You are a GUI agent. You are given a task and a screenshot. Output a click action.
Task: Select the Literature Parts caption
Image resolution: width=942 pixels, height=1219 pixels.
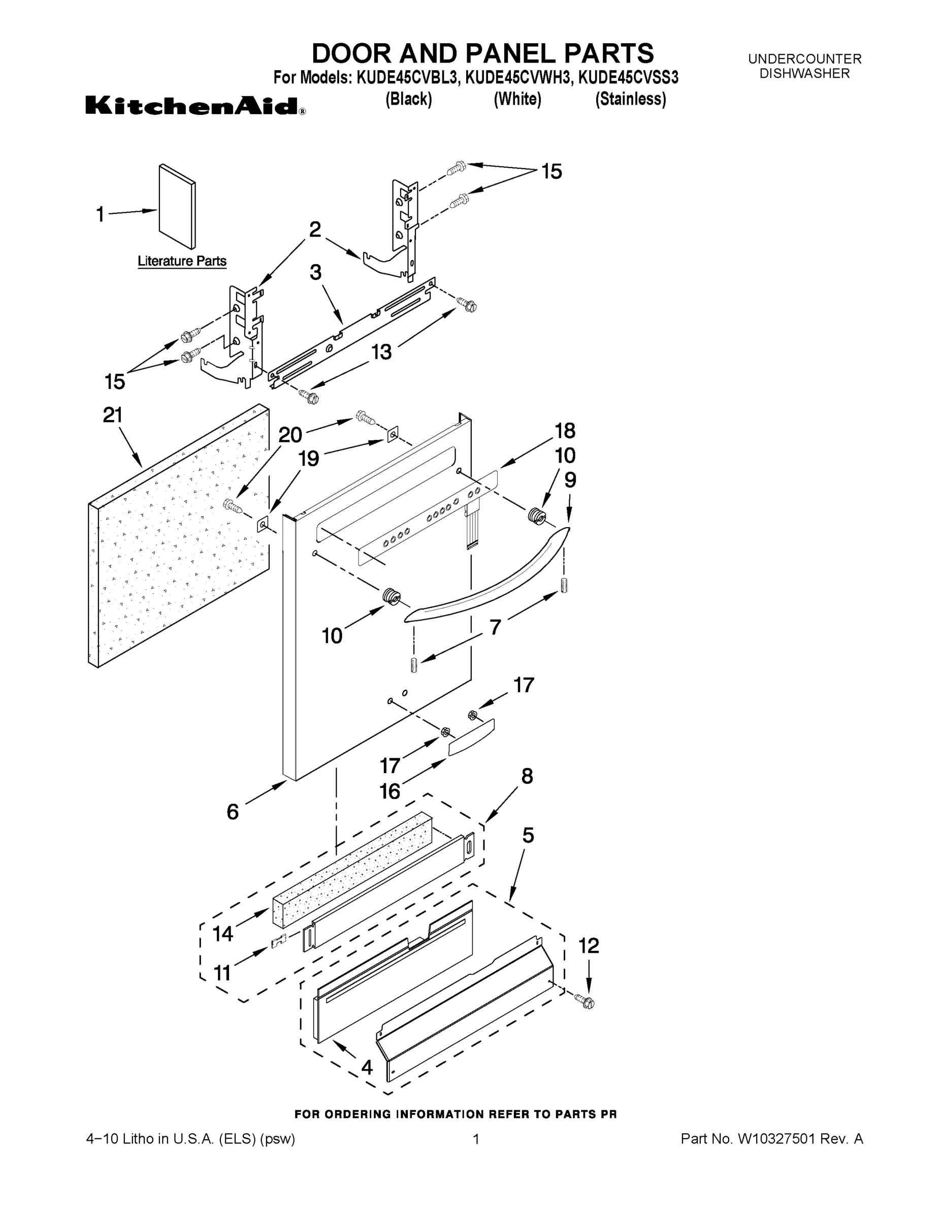coord(182,261)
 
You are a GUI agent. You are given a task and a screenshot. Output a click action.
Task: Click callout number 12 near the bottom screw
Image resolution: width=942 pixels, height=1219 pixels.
coord(589,946)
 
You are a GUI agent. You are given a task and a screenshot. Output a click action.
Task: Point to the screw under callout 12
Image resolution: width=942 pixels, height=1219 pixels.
coord(587,1002)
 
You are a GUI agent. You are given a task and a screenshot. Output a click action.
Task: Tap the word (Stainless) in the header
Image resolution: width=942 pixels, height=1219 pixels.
coord(631,100)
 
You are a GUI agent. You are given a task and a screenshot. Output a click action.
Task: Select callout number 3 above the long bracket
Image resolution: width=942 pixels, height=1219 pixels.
coord(316,273)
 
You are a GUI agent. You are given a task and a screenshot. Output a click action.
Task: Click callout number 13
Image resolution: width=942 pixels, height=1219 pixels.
coord(382,352)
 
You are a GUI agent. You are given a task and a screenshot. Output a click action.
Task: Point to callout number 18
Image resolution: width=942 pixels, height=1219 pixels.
coord(565,431)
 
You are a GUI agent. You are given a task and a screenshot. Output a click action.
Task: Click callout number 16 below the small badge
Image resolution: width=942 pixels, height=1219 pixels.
coord(390,791)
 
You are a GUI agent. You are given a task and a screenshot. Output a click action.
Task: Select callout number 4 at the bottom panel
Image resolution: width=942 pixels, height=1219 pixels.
coord(367,1067)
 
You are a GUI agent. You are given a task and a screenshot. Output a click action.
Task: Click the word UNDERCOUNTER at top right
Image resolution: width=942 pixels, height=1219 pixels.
coord(805,58)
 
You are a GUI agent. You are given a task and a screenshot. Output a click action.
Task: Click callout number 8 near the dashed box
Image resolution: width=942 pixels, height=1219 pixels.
coord(527,777)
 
